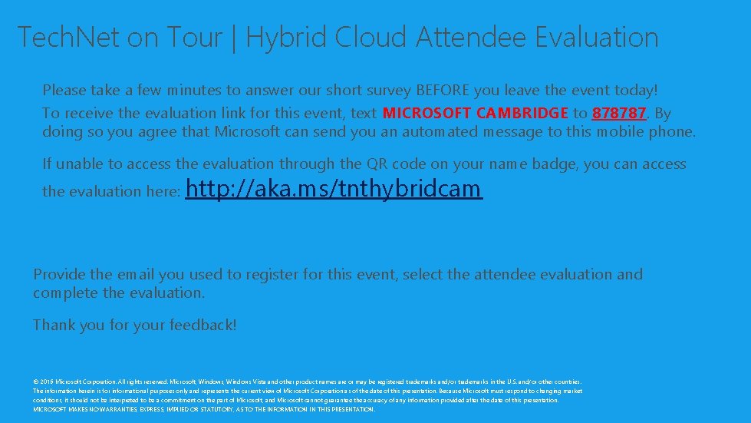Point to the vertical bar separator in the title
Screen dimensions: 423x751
(234, 38)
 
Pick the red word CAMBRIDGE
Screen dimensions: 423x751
(522, 113)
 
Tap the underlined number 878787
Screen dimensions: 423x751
(619, 113)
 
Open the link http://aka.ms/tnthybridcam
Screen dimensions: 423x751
(334, 188)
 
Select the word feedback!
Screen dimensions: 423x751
(203, 325)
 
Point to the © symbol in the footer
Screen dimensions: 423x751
(35, 382)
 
